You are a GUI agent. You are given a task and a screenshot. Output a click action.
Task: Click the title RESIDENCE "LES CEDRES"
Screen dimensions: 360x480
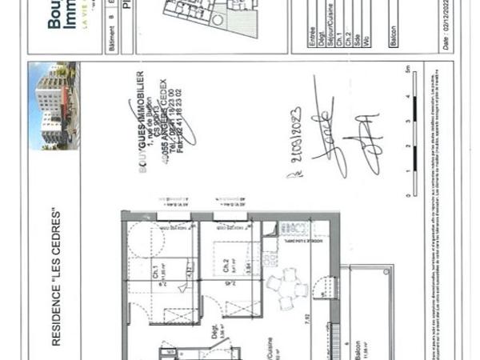coord(56,277)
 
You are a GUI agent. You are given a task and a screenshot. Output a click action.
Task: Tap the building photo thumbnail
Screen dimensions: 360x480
coord(54,106)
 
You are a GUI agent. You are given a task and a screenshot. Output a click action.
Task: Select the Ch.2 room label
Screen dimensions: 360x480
coord(227,264)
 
